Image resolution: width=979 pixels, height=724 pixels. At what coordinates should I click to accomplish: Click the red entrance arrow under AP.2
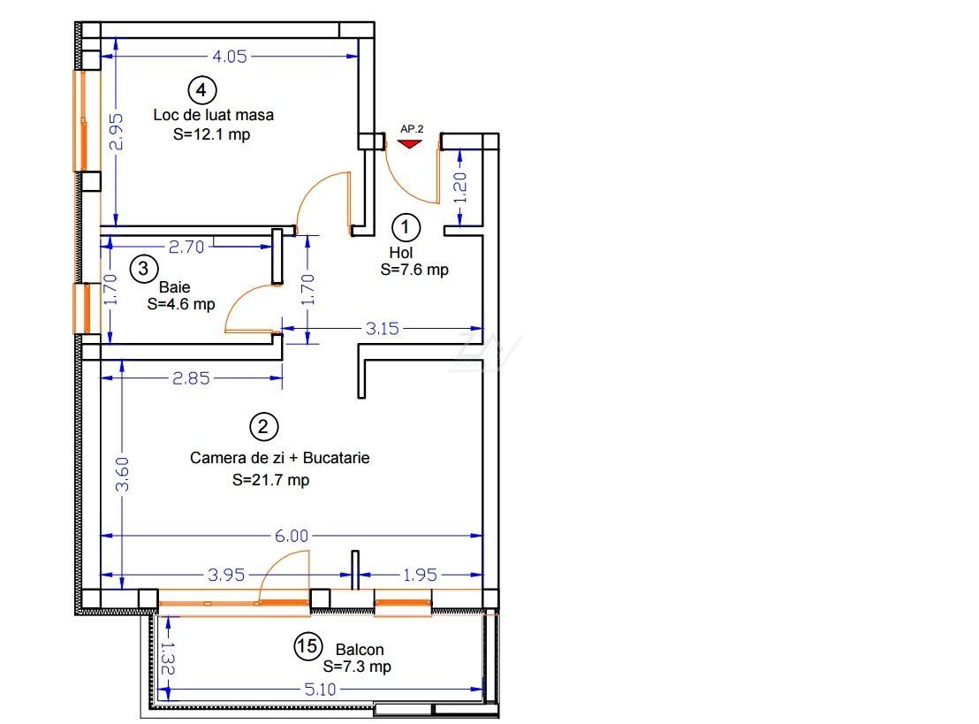click(x=410, y=144)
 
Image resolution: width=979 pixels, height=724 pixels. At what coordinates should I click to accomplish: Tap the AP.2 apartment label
click(x=412, y=129)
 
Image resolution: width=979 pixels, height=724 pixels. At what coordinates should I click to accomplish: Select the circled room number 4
click(x=201, y=90)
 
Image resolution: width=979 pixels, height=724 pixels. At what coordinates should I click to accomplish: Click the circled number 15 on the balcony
click(x=308, y=646)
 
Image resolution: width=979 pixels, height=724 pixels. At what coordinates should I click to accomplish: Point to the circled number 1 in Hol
click(x=406, y=227)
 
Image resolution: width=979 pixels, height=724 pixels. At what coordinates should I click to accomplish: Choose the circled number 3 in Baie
click(x=144, y=269)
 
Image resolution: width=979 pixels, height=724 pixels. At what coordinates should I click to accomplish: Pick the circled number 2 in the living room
click(x=263, y=427)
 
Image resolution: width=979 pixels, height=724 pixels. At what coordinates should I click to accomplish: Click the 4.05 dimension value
click(x=230, y=57)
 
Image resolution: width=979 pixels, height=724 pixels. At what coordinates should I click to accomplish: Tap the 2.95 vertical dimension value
click(x=116, y=131)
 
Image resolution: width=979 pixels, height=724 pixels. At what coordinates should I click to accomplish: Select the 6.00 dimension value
click(x=292, y=536)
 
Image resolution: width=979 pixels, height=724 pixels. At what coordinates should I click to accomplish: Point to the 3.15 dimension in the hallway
click(x=382, y=328)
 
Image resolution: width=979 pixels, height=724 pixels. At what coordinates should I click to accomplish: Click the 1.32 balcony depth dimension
click(x=167, y=659)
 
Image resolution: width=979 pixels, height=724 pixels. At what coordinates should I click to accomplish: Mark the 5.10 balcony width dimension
click(x=321, y=689)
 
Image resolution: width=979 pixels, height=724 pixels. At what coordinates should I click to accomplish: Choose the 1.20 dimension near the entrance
click(x=459, y=187)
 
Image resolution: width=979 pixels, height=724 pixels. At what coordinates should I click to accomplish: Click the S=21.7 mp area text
click(x=271, y=480)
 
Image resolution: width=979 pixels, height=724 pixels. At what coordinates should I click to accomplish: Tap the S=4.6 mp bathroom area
click(x=181, y=304)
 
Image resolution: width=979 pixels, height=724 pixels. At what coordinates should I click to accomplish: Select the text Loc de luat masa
click(x=214, y=115)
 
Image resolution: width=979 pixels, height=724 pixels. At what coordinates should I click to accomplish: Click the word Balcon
click(x=360, y=650)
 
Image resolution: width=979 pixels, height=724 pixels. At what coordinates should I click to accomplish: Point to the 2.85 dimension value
click(x=191, y=378)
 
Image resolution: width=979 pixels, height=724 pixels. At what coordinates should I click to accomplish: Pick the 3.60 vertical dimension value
click(x=122, y=474)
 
